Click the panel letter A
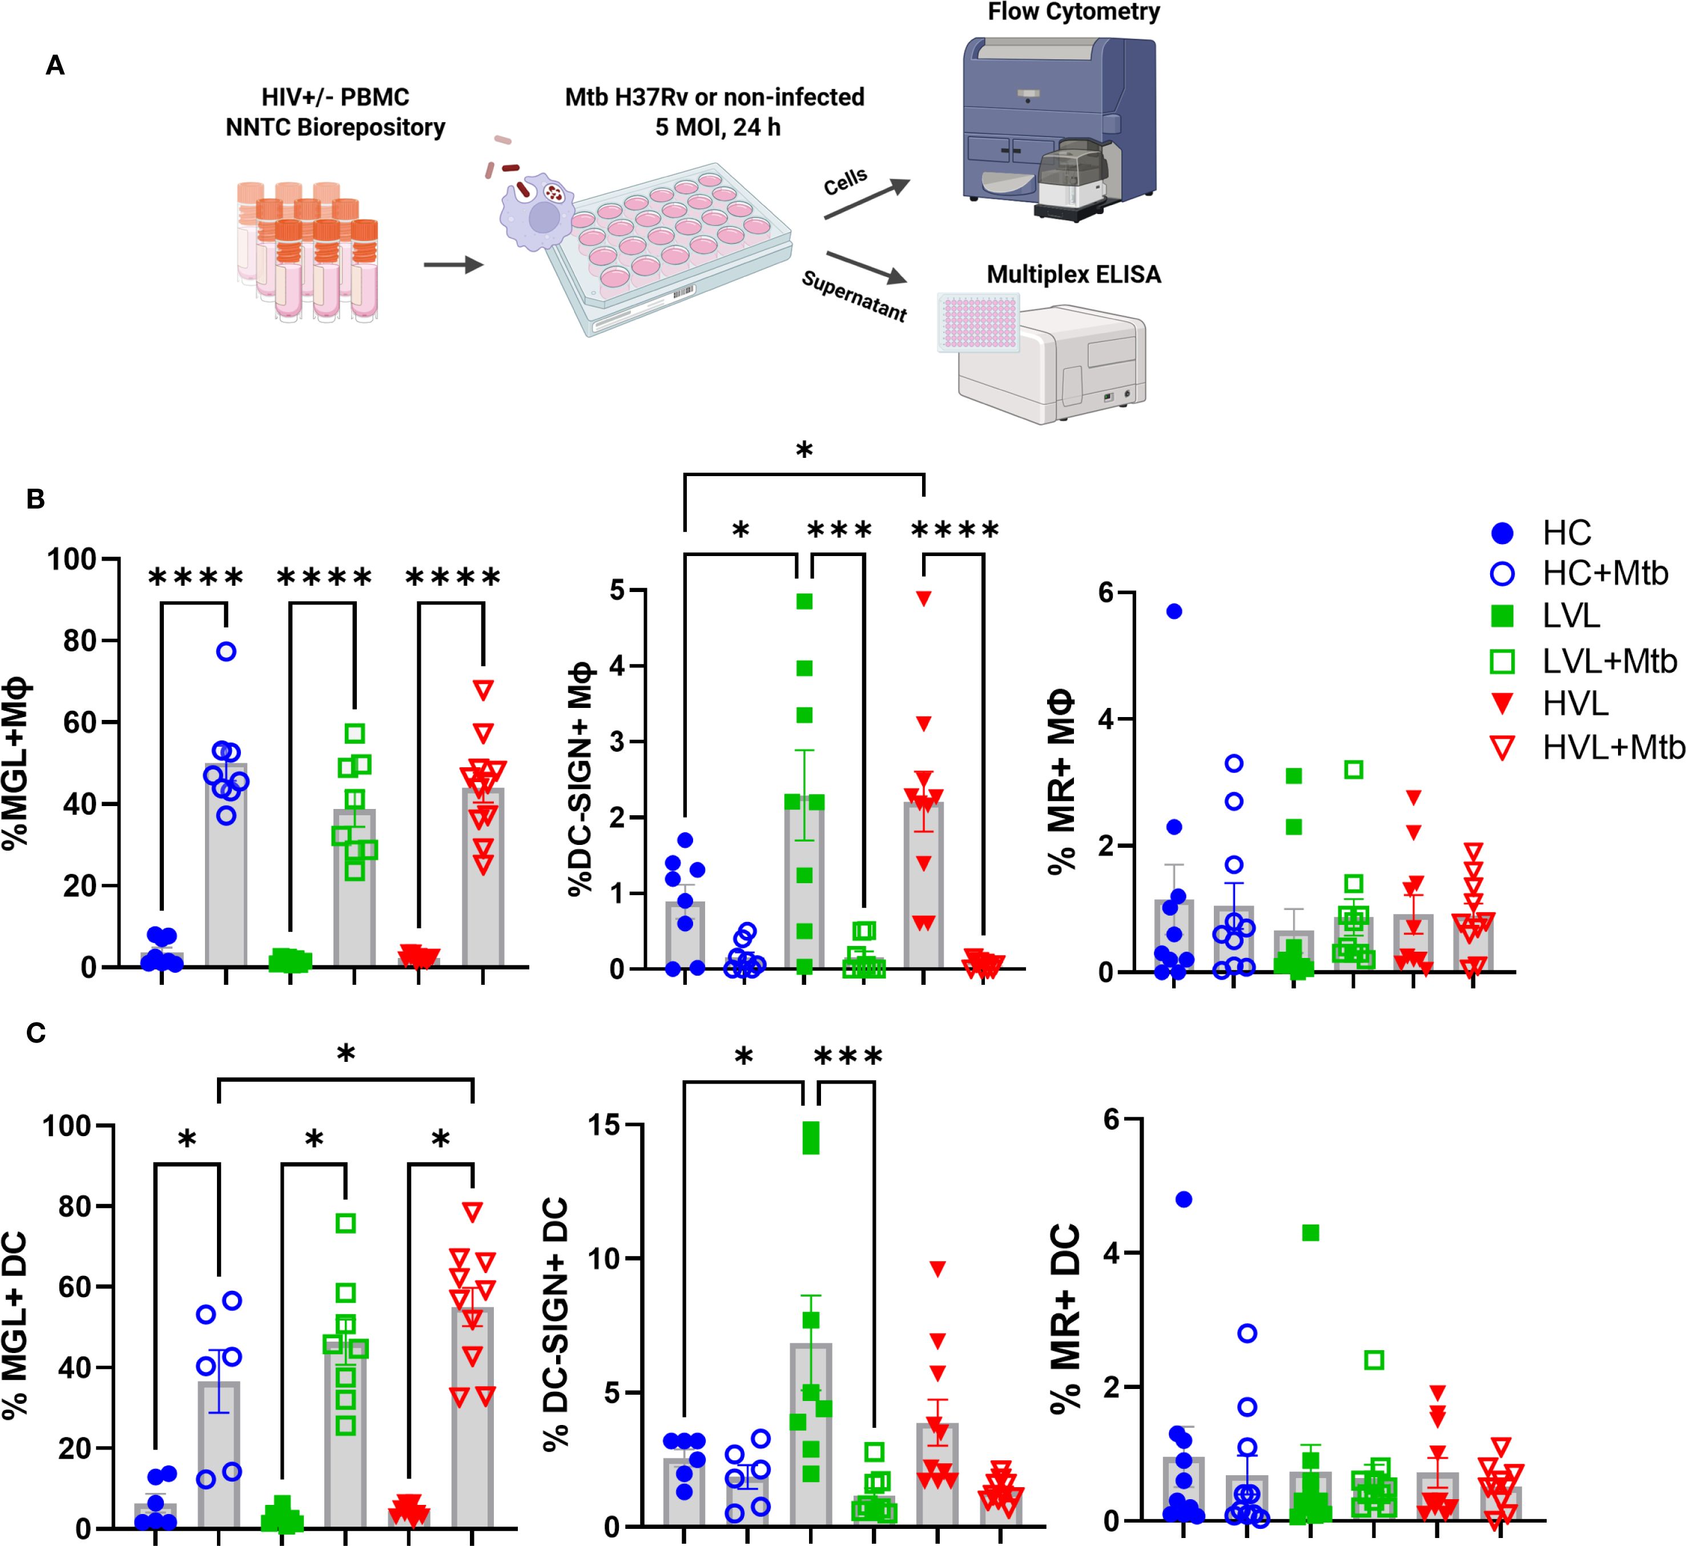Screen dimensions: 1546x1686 pos(55,65)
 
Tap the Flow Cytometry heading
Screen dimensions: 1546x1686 pos(1073,13)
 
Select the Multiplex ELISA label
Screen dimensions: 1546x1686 pos(1073,275)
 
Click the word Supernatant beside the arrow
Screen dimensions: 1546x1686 pos(854,296)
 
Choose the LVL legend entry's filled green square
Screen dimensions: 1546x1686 pos(1503,617)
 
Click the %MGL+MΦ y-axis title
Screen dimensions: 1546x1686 pos(18,763)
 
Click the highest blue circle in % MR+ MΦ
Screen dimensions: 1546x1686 pos(1174,611)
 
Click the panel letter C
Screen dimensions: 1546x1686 pos(36,1033)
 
